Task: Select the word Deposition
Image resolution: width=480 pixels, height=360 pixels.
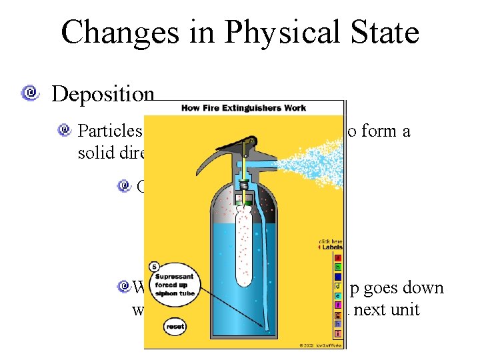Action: click(103, 94)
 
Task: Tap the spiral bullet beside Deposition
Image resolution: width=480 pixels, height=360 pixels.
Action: click(29, 93)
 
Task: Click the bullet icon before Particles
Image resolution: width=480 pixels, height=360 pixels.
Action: click(65, 129)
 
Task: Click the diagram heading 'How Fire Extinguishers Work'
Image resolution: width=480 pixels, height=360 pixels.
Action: click(243, 107)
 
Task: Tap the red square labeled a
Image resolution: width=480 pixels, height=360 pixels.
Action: click(338, 258)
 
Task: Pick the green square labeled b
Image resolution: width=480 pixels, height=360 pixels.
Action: click(338, 267)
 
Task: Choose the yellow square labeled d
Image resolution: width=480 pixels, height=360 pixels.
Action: click(338, 286)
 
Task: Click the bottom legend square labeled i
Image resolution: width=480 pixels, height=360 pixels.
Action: click(338, 333)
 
